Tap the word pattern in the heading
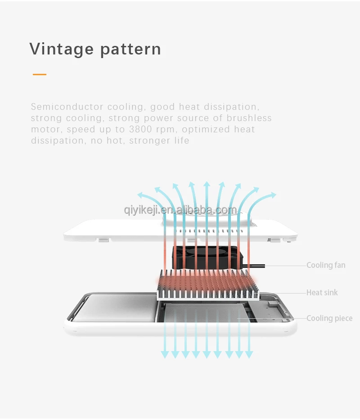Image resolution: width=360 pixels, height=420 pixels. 130,50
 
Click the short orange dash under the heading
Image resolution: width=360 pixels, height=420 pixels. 40,74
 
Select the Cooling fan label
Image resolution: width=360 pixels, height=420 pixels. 326,265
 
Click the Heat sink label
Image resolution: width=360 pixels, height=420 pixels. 322,293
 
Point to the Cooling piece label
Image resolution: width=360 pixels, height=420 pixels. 329,318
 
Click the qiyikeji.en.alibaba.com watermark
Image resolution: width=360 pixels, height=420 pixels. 180,210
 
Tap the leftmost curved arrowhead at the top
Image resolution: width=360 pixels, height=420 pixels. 141,195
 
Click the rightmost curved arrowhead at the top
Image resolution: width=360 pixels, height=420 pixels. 273,195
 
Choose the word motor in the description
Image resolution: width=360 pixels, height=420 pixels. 45,130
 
